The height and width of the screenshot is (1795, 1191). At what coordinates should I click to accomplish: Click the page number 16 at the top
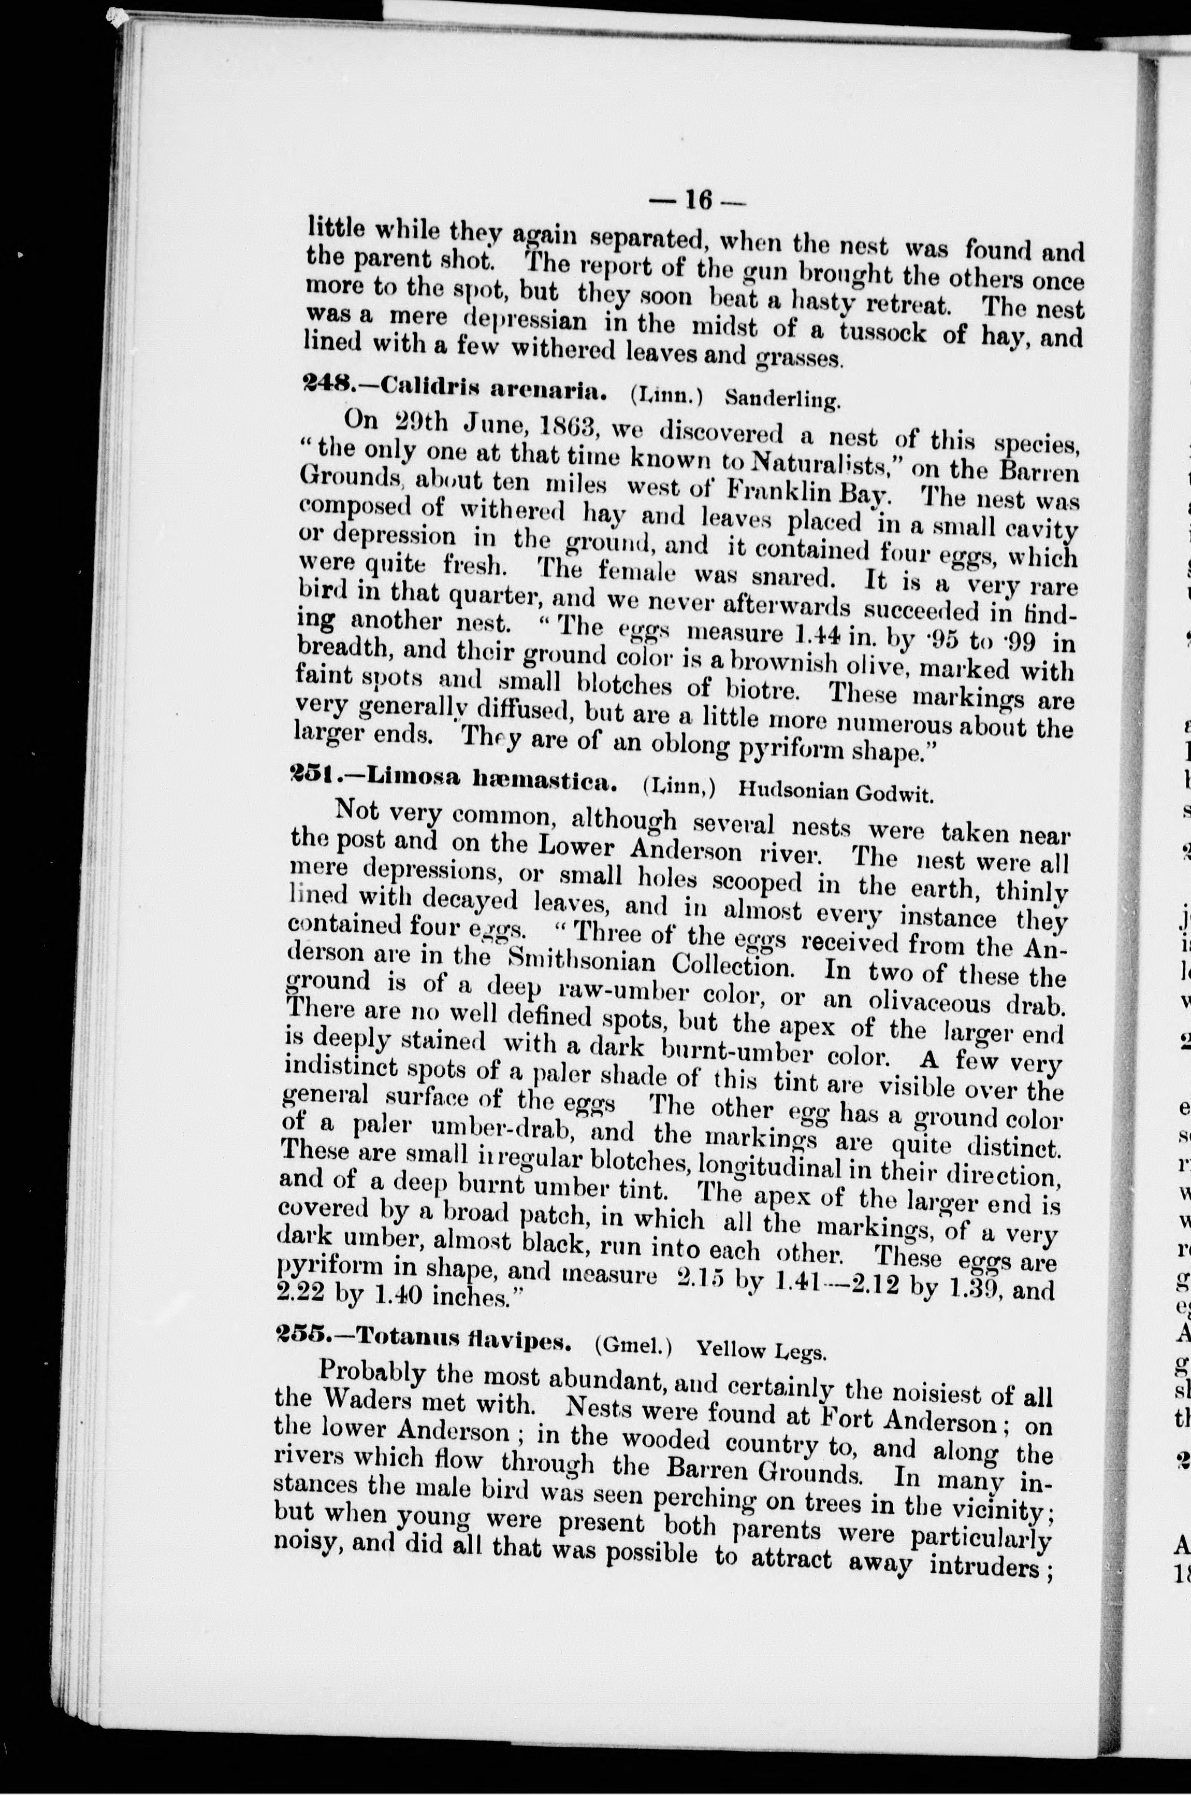[x=698, y=200]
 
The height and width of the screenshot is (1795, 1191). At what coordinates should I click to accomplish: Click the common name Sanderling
[x=782, y=398]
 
